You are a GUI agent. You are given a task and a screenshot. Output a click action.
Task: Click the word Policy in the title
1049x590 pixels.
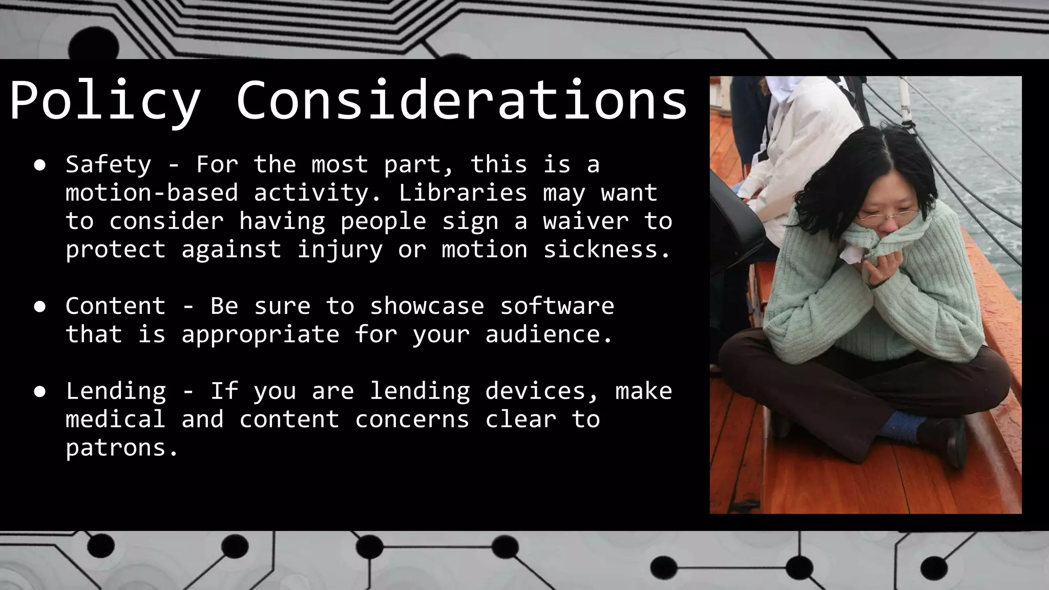click(x=104, y=101)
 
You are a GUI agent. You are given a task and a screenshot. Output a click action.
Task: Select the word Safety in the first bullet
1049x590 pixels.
click(x=108, y=164)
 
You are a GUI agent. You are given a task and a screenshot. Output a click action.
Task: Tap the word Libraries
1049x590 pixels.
click(x=463, y=193)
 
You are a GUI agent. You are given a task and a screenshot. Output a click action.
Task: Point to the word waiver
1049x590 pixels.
click(x=585, y=221)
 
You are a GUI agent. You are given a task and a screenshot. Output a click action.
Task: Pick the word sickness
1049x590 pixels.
click(x=606, y=249)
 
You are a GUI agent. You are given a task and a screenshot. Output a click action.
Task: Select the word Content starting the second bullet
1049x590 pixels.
click(x=115, y=306)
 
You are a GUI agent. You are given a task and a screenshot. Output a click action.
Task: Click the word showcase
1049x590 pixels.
click(x=427, y=306)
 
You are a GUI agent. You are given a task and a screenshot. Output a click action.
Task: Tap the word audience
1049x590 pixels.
click(x=549, y=334)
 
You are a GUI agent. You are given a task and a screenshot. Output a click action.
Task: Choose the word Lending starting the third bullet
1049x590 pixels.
click(x=115, y=391)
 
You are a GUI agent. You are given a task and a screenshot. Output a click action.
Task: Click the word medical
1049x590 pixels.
click(x=115, y=419)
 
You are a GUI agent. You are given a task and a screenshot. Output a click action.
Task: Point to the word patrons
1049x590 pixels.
click(x=122, y=448)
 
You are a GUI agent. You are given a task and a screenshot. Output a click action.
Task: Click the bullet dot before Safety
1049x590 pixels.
click(x=40, y=165)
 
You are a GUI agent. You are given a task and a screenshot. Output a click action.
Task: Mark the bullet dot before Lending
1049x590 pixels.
click(x=40, y=392)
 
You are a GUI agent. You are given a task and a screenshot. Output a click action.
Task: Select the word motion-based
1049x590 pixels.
click(x=152, y=193)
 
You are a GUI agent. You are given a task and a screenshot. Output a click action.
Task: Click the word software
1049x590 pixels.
click(x=557, y=306)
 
